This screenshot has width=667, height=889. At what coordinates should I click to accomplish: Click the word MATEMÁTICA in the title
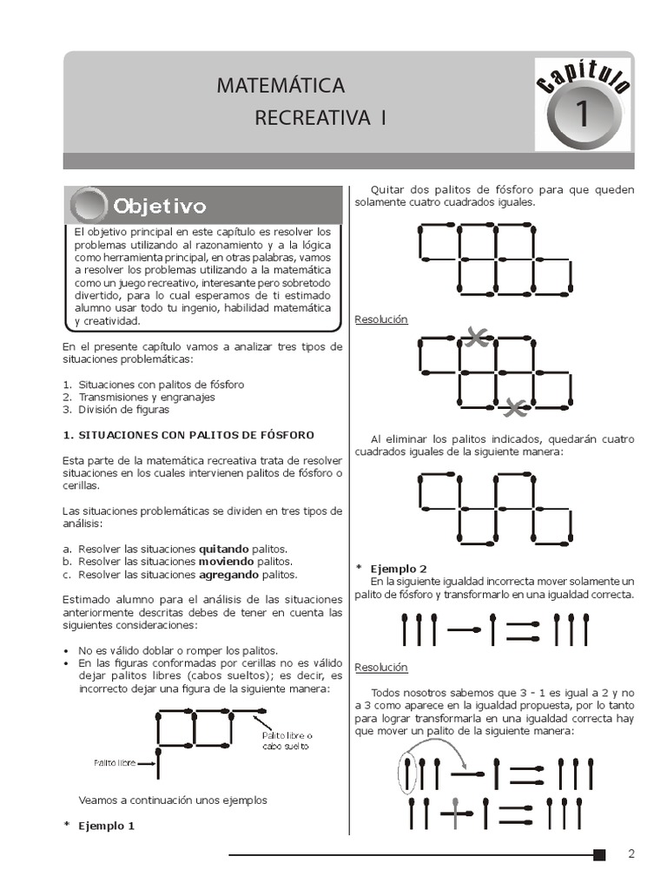pyautogui.click(x=280, y=86)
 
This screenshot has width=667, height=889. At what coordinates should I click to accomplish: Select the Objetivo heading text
pyautogui.click(x=158, y=207)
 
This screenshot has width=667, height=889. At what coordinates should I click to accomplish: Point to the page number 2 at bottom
pyautogui.click(x=631, y=854)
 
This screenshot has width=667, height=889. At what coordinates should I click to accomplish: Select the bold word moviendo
pyautogui.click(x=228, y=562)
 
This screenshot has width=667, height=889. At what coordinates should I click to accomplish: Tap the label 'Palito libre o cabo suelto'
pyautogui.click(x=287, y=741)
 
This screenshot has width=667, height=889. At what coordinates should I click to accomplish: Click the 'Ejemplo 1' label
pyautogui.click(x=107, y=826)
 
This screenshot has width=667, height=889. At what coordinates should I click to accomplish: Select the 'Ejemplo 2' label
pyautogui.click(x=398, y=568)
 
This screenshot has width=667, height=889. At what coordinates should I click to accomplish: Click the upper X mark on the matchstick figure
pyautogui.click(x=474, y=338)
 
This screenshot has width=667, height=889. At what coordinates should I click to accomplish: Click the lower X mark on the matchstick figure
pyautogui.click(x=515, y=405)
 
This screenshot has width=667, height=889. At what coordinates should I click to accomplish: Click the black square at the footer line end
pyautogui.click(x=599, y=855)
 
